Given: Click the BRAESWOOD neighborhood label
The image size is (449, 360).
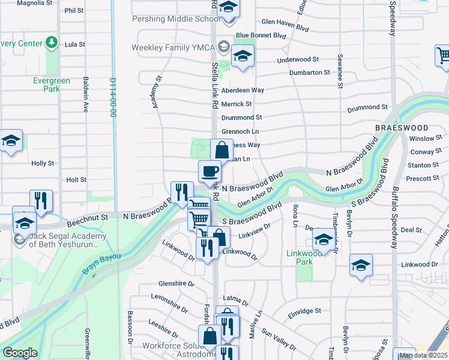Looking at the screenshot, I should (402, 128).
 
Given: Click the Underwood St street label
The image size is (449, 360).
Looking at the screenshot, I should (297, 61).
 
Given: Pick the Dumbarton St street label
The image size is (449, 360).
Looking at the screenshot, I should (310, 72).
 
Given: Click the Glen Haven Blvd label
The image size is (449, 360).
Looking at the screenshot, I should (285, 22).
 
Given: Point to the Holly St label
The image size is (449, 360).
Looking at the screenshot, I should (43, 163).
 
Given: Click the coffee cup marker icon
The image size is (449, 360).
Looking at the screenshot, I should (209, 172).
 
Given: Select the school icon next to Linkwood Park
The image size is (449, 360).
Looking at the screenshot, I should (324, 241).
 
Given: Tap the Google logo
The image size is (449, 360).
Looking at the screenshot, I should (20, 353).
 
